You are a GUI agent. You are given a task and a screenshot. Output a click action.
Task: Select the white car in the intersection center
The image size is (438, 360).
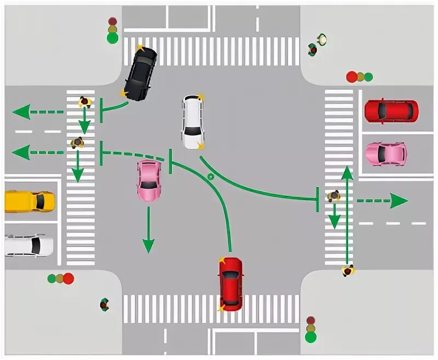click(x=193, y=121)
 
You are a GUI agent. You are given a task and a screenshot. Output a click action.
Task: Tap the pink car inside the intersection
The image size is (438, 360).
click(x=149, y=180)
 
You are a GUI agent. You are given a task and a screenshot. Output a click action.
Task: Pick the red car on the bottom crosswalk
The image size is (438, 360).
click(x=230, y=283)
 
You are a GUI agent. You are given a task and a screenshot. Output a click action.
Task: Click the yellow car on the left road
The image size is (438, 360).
click(x=30, y=201)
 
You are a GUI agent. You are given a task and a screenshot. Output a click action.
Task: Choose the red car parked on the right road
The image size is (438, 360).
click(x=391, y=111)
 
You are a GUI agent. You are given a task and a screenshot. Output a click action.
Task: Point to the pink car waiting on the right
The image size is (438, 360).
click(x=386, y=154)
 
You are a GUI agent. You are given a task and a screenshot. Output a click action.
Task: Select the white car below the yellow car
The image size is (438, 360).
click(x=30, y=245)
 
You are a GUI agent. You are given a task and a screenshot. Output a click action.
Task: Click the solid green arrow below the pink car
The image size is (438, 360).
click(x=147, y=243)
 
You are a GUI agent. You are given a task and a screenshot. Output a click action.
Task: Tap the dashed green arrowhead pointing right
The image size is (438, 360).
click(x=400, y=201)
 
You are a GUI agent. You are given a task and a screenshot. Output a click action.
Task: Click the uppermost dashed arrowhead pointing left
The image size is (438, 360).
click(x=20, y=113)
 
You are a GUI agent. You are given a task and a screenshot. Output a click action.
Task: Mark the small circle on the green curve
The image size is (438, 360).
click(x=210, y=177)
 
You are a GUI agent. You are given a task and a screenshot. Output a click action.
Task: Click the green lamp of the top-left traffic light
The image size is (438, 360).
click(x=113, y=38)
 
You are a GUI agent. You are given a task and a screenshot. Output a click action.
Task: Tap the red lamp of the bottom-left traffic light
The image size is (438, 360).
click(x=68, y=278)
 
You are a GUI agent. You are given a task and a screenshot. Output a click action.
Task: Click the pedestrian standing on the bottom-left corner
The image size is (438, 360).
click(x=104, y=304)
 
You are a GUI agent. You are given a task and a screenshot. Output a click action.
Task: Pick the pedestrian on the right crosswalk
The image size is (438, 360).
click(x=333, y=196)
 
